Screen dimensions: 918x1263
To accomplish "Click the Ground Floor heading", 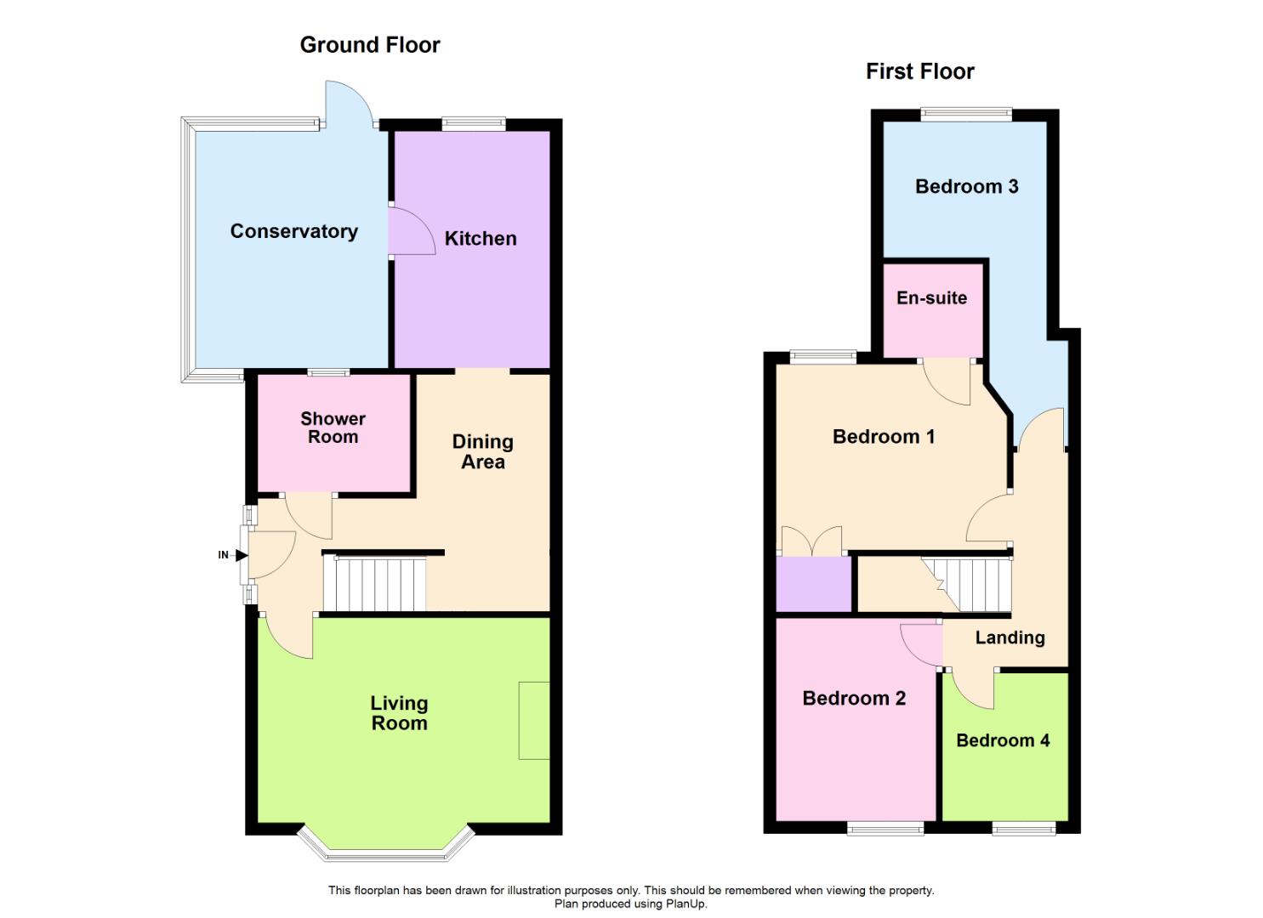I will coord(370,45).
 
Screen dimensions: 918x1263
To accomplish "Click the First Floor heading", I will coord(919,71).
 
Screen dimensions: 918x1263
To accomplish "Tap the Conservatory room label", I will coord(293,231).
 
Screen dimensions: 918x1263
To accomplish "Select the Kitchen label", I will coord(481,239).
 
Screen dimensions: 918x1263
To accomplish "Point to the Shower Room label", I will coord(333,428).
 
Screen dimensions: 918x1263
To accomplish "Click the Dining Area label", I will coord(482,451).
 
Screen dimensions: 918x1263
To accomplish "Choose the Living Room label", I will coord(399,713).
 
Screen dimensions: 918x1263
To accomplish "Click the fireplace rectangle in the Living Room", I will coord(534,720).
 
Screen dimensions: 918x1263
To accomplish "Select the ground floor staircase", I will coord(374,583).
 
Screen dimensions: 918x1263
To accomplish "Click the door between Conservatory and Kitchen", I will coord(405,230).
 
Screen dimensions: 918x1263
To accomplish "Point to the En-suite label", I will coord(931,298).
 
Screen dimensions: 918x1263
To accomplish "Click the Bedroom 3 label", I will coord(966,187).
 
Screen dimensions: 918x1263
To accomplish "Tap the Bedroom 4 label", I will coord(1003,740).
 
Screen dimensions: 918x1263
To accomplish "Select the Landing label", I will coord(1010,637).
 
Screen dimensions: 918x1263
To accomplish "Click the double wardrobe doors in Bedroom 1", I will coord(811,541).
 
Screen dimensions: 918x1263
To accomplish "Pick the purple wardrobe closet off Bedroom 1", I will coord(814,584).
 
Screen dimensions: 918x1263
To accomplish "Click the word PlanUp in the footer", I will coord(685,904).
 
